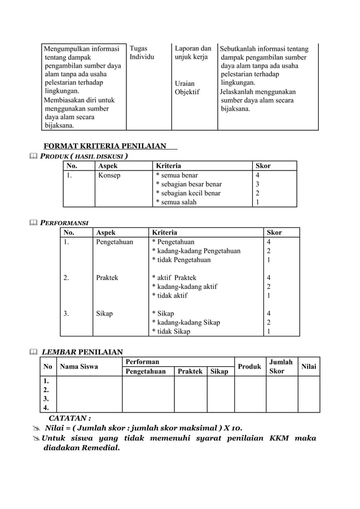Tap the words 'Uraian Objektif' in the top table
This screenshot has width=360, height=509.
pyautogui.click(x=187, y=87)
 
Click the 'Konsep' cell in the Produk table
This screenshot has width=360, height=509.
pyautogui.click(x=109, y=175)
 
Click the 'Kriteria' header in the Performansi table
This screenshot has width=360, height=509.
pyautogui.click(x=164, y=232)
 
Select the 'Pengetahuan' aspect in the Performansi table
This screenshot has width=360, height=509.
pyautogui.click(x=115, y=242)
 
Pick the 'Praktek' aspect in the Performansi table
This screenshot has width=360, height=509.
pyautogui.click(x=107, y=278)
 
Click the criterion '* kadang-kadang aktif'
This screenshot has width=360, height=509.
pyautogui.click(x=184, y=287)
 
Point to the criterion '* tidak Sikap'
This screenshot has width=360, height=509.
pyautogui.click(x=170, y=331)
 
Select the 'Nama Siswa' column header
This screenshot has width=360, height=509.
pyautogui.click(x=79, y=367)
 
